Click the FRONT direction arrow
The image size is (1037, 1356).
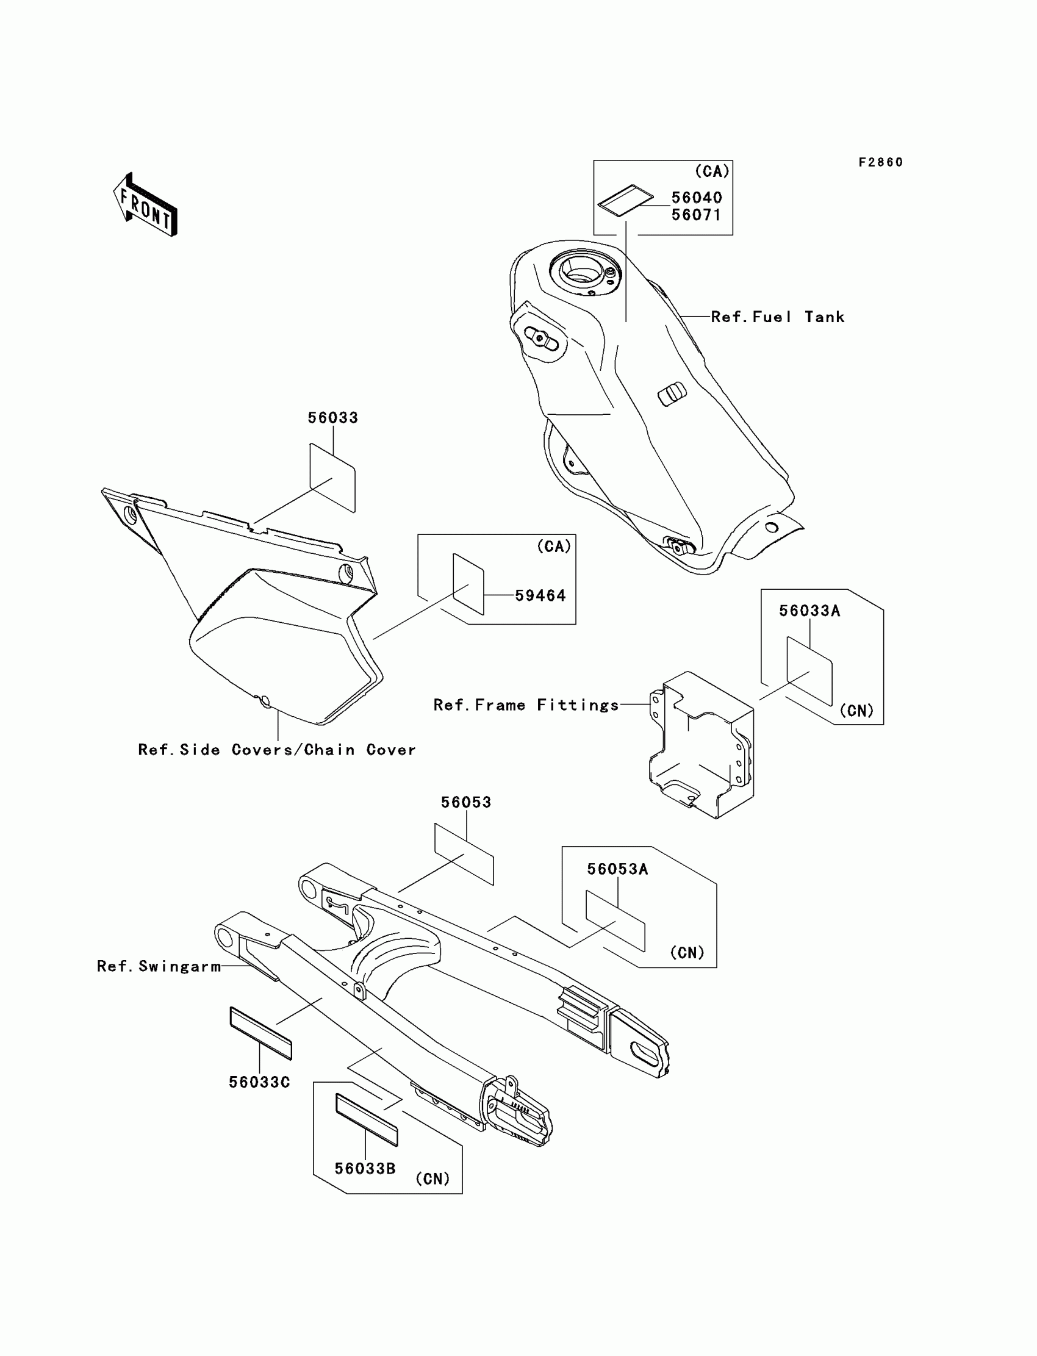click(x=146, y=206)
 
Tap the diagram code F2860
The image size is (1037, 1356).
click(x=880, y=162)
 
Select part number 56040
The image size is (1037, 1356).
click(x=696, y=198)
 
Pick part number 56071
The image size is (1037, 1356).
click(x=696, y=215)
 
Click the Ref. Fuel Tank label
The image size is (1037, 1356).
click(x=777, y=317)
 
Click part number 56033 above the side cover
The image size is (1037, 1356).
click(x=332, y=418)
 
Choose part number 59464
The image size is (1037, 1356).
click(x=540, y=595)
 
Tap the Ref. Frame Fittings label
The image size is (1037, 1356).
click(x=526, y=705)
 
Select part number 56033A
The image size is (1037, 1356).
click(x=809, y=611)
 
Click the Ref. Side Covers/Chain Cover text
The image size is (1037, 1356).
click(x=276, y=750)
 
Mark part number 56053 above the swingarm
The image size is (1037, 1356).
click(x=466, y=802)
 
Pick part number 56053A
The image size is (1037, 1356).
click(x=617, y=869)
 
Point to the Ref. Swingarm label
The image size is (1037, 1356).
click(x=159, y=966)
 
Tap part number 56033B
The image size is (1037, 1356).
click(x=365, y=1168)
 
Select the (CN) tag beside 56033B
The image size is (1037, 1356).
click(x=432, y=1179)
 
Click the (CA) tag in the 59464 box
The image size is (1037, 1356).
click(x=554, y=546)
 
